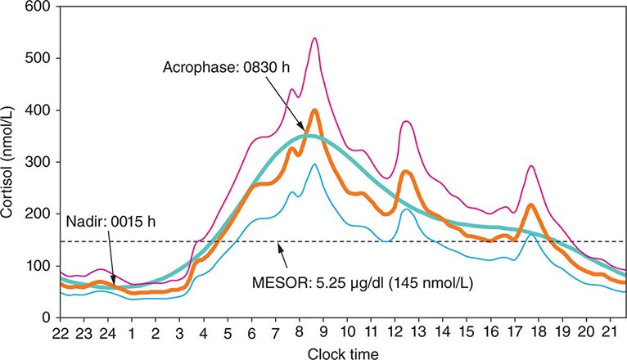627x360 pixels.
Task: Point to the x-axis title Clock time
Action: coord(342,353)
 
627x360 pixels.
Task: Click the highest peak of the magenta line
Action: coord(314,38)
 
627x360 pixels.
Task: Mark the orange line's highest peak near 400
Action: coord(315,110)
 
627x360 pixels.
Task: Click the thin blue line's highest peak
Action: coord(314,164)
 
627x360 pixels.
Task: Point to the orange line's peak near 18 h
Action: coord(531,205)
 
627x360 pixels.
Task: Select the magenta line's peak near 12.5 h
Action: coord(407,122)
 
